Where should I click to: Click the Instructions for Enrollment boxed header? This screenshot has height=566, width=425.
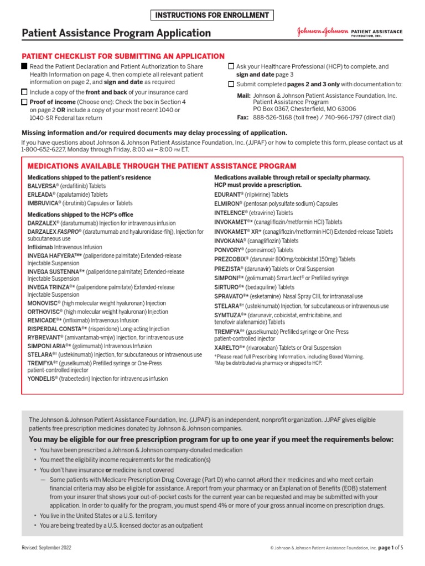[x=212, y=15]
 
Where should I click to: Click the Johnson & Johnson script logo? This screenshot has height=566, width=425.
[x=322, y=33]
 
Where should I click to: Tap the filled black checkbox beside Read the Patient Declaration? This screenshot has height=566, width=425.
[x=24, y=66]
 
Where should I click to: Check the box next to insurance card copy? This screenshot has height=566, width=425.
[x=24, y=92]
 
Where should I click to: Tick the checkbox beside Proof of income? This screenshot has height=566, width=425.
[x=24, y=102]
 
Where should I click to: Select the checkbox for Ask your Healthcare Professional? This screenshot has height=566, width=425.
[x=231, y=66]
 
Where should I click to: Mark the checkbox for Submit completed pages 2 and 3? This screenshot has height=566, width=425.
[x=231, y=85]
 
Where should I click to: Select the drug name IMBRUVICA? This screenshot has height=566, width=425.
[x=44, y=203]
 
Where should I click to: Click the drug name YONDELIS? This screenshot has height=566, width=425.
[x=43, y=379]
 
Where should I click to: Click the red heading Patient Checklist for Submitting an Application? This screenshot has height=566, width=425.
[x=123, y=56]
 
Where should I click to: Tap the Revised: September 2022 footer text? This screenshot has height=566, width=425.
[x=46, y=547]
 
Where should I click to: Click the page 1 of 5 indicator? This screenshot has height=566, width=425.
[x=391, y=547]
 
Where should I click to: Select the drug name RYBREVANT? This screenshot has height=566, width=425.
[x=45, y=337]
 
